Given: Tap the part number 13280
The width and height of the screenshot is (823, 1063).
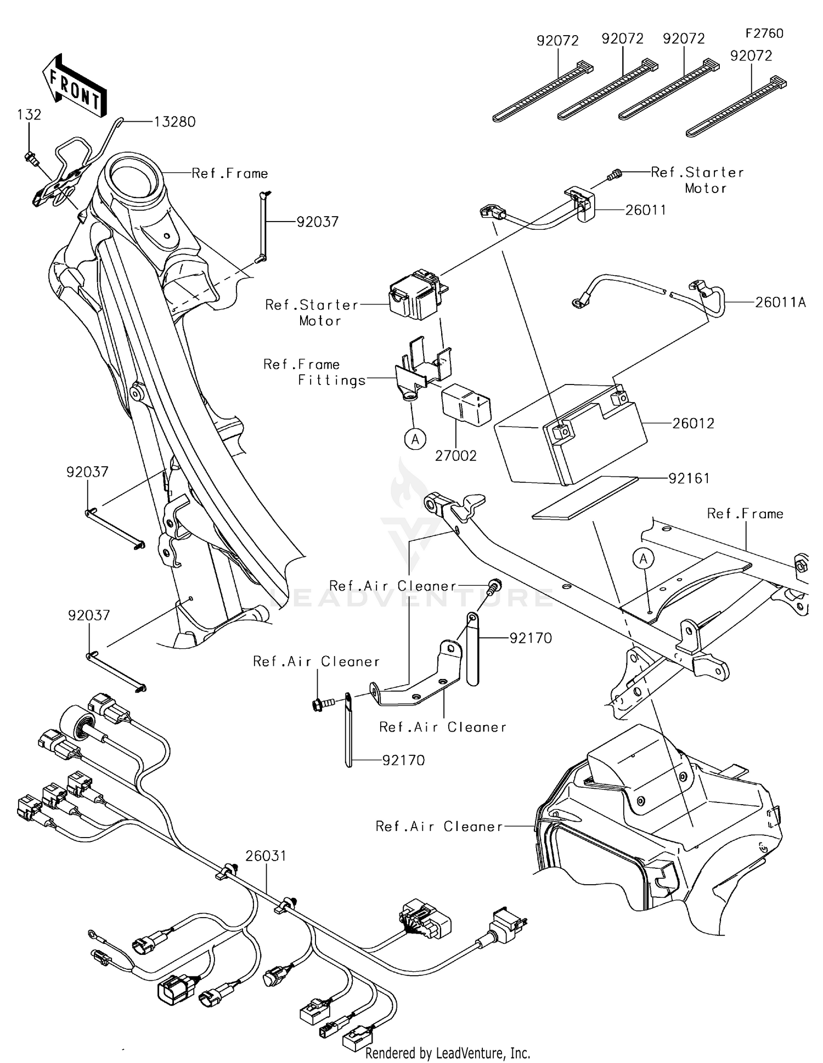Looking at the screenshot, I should pos(174,122).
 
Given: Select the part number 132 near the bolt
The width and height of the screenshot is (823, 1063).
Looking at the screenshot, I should pos(29,115).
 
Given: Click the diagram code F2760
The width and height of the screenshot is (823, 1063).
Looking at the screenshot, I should pos(764,33).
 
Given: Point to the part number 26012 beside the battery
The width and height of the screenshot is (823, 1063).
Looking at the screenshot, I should pos(694,423).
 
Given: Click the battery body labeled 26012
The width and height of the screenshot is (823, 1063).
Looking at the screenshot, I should pos(571,439).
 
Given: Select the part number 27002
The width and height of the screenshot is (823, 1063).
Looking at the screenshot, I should pos(456,456).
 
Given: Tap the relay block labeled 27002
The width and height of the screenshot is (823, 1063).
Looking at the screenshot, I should pos(466,405).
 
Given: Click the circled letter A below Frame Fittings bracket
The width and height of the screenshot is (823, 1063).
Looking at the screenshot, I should pos(415,439).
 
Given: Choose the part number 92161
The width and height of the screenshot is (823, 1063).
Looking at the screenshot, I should pos(689,478).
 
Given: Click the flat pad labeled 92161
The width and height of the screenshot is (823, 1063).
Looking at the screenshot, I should pos(585,497).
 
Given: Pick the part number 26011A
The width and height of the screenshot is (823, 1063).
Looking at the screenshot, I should pos(780,302).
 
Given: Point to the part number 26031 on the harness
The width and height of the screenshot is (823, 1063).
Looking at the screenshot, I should pos(266,856).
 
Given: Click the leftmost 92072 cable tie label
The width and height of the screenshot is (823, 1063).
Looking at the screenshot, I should pos(557,41).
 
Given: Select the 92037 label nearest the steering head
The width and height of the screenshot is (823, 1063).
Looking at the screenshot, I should pos(318,222).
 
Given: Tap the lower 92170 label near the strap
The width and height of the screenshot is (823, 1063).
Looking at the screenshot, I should pos(404,760).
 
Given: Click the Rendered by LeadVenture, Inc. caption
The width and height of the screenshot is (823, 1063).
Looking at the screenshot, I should pos(448,1053).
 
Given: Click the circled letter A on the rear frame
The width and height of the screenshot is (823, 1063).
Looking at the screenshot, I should pos(644,559).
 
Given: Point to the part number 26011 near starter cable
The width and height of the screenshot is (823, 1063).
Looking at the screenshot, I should pos(646,210).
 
